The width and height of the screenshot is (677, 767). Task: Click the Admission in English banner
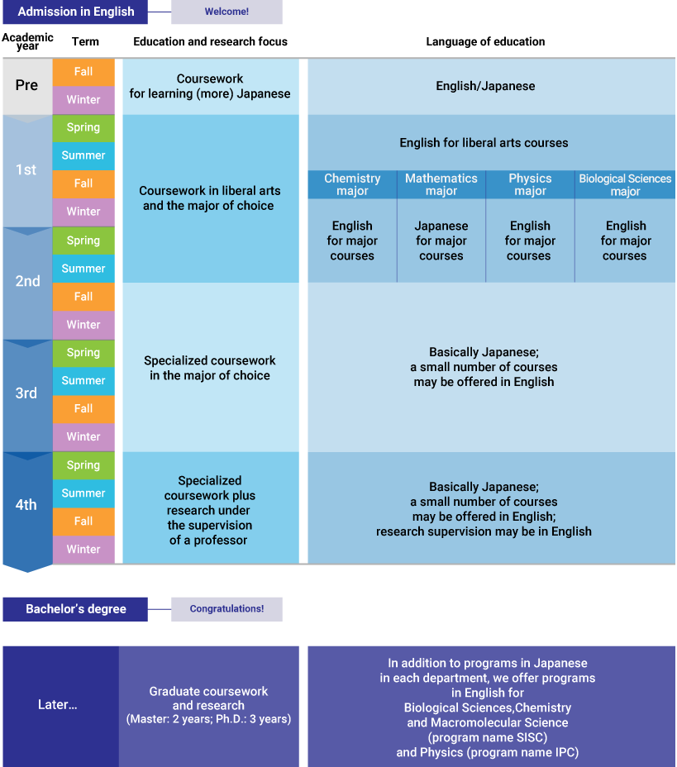(75, 12)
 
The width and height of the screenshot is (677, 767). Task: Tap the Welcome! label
(226, 12)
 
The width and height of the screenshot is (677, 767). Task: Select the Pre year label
(26, 85)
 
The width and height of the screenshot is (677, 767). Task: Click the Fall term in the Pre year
(83, 72)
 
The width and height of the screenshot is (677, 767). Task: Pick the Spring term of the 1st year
(83, 127)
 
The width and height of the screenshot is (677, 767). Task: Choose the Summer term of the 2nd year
(83, 268)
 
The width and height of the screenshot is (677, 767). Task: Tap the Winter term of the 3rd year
(83, 436)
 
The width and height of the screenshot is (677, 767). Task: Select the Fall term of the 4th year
(83, 521)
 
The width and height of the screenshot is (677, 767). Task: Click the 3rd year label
(26, 393)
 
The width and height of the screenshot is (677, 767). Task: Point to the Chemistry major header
(352, 184)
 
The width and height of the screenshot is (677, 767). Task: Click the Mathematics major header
(441, 184)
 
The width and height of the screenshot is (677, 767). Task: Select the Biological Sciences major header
(625, 184)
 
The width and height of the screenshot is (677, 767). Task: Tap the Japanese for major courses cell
(441, 241)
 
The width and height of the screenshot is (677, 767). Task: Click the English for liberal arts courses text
(484, 143)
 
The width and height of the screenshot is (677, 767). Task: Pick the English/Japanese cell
(485, 86)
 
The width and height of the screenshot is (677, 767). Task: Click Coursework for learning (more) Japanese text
(210, 86)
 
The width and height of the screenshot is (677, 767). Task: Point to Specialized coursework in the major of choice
(210, 368)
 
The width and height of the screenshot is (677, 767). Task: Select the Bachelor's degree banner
(75, 609)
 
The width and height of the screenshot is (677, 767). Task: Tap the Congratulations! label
(226, 609)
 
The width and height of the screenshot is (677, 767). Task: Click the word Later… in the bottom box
(58, 705)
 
